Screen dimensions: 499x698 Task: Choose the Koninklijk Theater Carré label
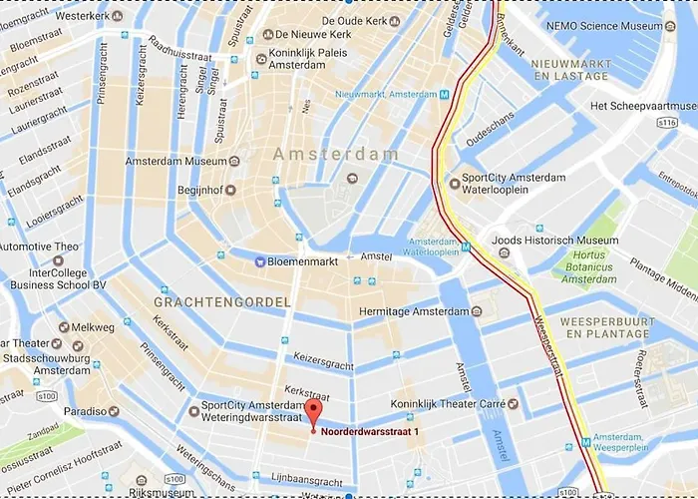point(454,404)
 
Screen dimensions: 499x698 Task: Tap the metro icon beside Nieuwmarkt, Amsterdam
point(444,94)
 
